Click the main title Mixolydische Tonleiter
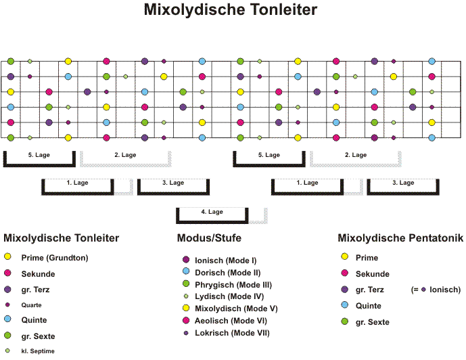click(x=231, y=9)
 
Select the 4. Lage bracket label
click(x=212, y=212)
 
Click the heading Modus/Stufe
click(x=209, y=238)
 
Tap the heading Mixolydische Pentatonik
click(x=400, y=238)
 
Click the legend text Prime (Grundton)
click(x=55, y=258)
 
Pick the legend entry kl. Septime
click(x=38, y=351)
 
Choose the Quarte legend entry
click(x=31, y=305)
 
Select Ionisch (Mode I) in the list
click(x=226, y=261)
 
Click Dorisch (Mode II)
click(x=228, y=273)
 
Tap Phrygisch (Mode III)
click(x=233, y=285)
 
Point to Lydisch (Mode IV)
click(x=229, y=296)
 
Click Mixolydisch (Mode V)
click(x=236, y=309)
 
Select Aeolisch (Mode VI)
click(x=231, y=321)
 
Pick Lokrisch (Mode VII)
click(x=232, y=333)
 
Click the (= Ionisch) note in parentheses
click(x=436, y=290)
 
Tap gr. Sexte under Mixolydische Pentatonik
click(x=373, y=322)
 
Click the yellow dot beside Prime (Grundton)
click(x=7, y=256)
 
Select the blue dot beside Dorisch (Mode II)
click(x=186, y=271)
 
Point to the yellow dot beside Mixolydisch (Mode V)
click(x=186, y=308)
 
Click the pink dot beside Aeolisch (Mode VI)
click(x=186, y=320)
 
